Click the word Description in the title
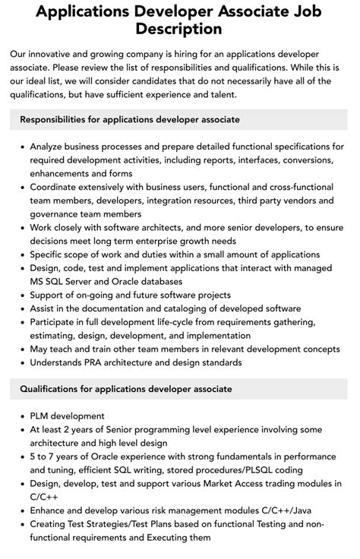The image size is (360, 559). [x=180, y=30]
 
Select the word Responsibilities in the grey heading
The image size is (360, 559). [x=58, y=119]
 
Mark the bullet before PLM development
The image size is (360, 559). [x=22, y=416]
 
